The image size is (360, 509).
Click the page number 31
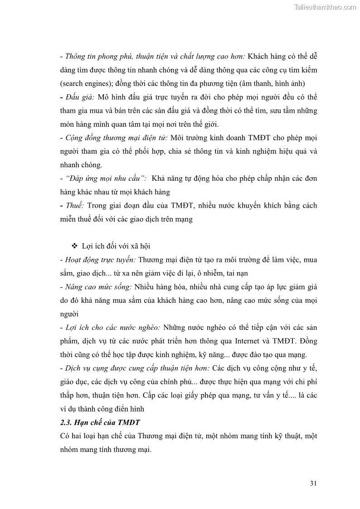(x=313, y=483)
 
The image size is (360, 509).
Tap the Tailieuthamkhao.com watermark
(x=325, y=7)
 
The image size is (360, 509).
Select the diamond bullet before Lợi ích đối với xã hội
(x=75, y=246)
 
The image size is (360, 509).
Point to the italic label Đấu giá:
(x=77, y=97)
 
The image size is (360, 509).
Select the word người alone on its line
(x=69, y=314)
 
